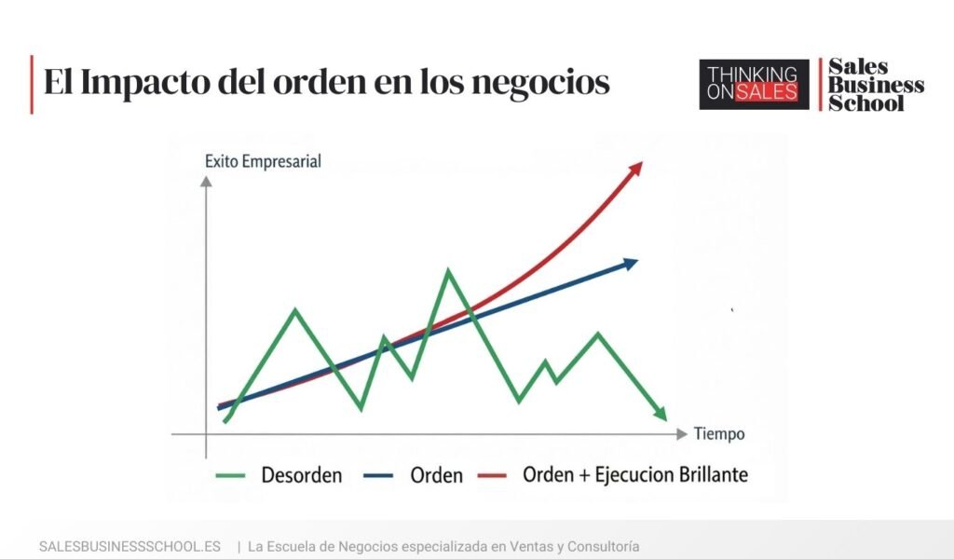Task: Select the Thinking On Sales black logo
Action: click(x=754, y=84)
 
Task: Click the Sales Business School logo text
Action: click(x=875, y=84)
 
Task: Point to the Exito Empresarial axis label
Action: click(x=263, y=161)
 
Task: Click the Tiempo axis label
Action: click(x=719, y=434)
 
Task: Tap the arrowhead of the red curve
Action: click(x=636, y=168)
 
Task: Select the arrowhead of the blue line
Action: click(x=631, y=264)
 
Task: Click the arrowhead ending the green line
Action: click(x=660, y=413)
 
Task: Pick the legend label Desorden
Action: click(x=301, y=475)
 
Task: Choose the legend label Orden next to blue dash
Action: click(x=436, y=475)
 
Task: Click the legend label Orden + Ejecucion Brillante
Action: click(x=635, y=474)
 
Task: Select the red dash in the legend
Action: click(x=491, y=476)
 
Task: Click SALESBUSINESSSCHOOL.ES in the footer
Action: click(x=129, y=546)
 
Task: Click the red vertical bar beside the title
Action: click(x=32, y=84)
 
